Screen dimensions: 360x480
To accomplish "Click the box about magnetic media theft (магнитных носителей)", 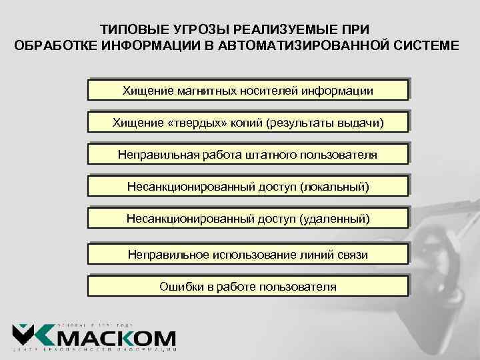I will (247, 90).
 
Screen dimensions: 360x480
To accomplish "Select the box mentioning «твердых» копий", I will (247, 122).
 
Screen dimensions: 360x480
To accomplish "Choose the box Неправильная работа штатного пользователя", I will (247, 155).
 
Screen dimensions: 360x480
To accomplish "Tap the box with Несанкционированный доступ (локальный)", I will (247, 186).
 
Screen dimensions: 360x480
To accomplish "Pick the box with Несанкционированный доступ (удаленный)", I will (247, 218).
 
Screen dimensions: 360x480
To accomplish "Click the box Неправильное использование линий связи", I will (247, 255).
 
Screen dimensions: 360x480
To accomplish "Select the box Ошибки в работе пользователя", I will (247, 287).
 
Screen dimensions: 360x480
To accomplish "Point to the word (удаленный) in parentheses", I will (334, 218).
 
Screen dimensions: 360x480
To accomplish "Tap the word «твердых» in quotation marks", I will (198, 122).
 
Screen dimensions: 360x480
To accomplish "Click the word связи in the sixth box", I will (351, 255).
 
